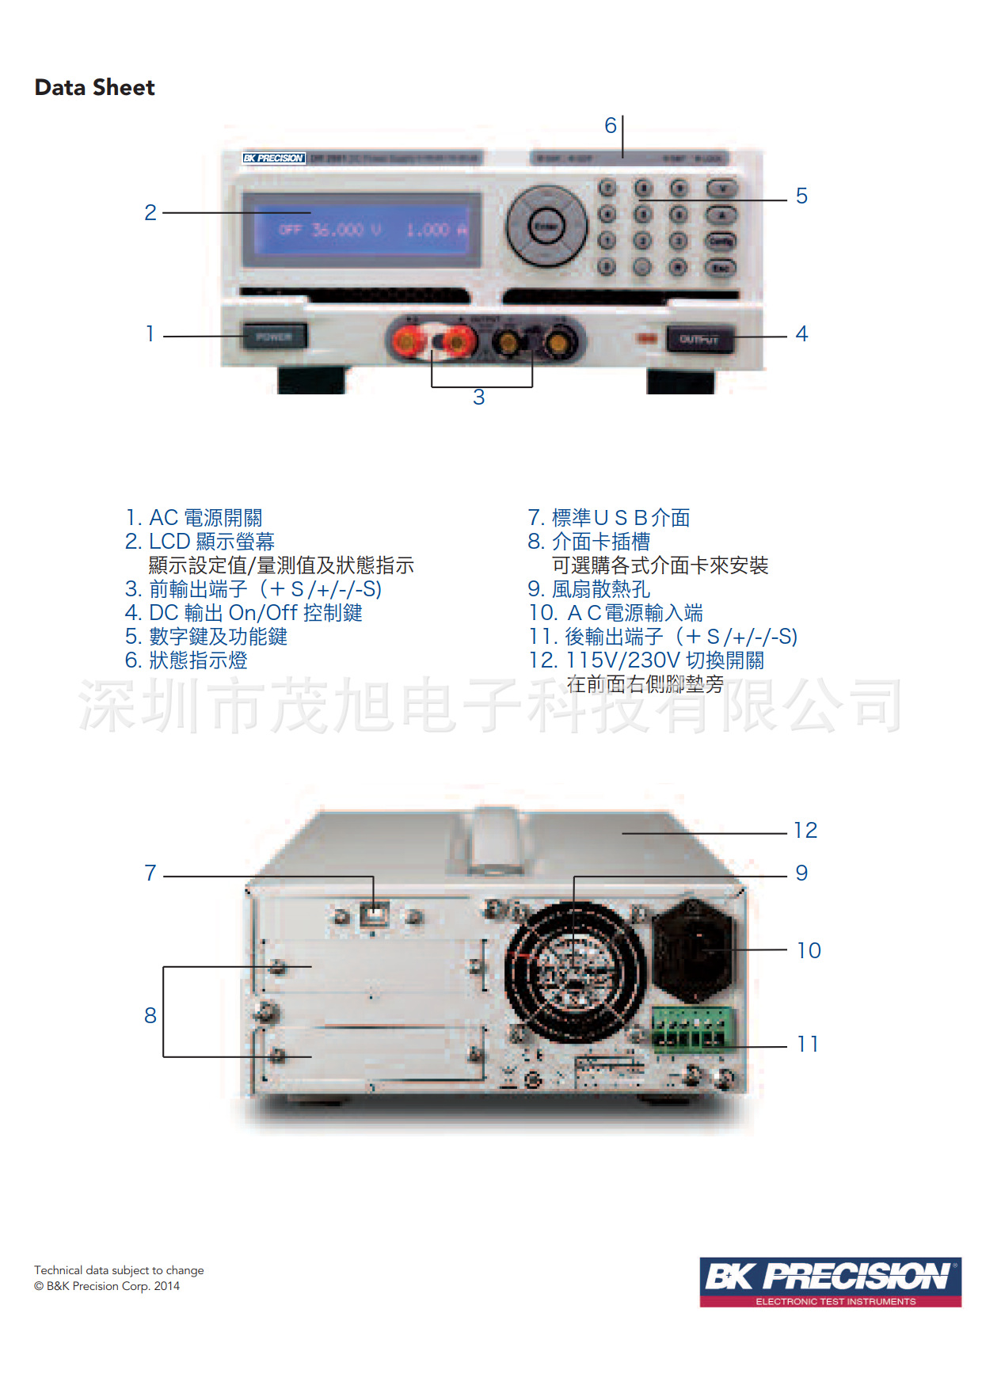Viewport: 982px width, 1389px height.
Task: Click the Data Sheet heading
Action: click(x=94, y=87)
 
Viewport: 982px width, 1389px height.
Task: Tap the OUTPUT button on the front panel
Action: click(x=698, y=340)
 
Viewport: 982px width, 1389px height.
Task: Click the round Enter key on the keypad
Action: click(x=546, y=226)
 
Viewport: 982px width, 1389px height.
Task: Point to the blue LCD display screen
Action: click(x=362, y=230)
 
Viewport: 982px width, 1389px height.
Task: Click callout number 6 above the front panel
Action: click(x=610, y=125)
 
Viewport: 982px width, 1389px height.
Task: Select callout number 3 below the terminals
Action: click(x=478, y=398)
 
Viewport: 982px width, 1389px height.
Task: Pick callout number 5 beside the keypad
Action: click(x=801, y=196)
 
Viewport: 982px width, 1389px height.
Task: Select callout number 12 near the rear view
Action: click(x=805, y=830)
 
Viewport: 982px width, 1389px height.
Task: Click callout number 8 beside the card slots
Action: click(x=150, y=1015)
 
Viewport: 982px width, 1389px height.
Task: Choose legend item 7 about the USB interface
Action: click(x=609, y=518)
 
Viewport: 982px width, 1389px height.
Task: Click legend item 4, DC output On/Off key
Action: click(x=244, y=613)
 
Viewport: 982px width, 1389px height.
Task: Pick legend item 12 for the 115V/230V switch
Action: click(x=646, y=660)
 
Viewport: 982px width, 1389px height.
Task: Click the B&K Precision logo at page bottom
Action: click(x=830, y=1281)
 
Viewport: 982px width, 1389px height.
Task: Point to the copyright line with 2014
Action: click(x=107, y=1286)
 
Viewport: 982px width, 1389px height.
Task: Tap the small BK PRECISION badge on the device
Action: click(x=273, y=158)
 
